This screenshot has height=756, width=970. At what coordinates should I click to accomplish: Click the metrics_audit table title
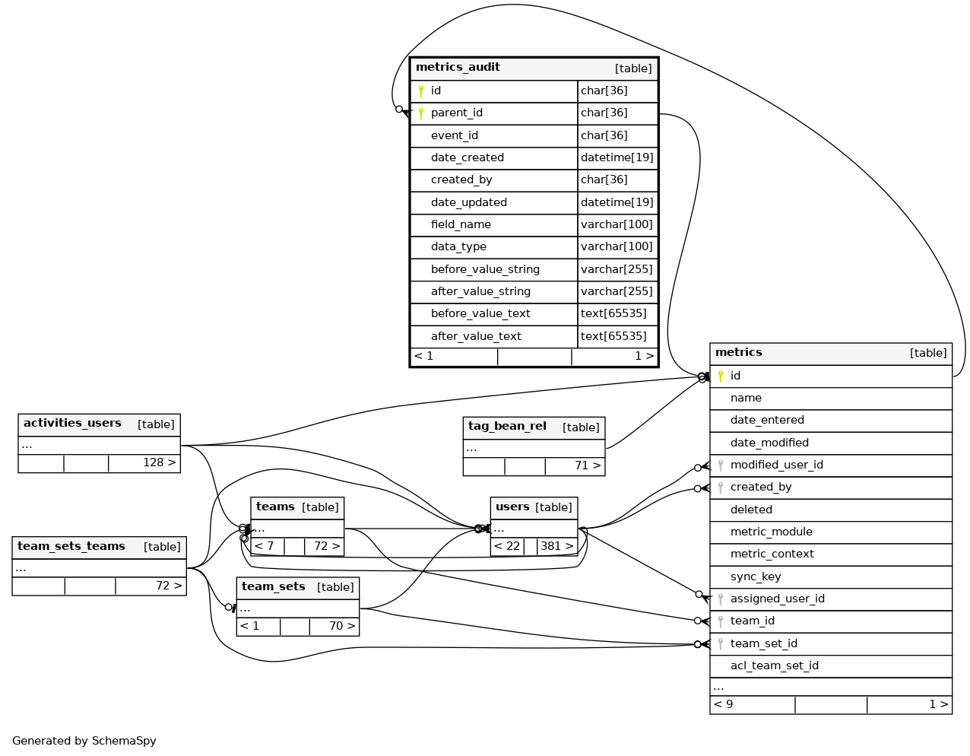[458, 68]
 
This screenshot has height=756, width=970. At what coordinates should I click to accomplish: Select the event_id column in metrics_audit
[455, 135]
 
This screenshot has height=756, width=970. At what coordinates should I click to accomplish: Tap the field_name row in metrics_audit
[461, 224]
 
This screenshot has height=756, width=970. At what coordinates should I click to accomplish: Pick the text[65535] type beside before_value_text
[613, 313]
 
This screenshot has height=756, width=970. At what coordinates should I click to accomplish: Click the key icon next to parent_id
[421, 113]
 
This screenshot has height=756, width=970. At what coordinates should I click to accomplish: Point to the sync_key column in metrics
[756, 577]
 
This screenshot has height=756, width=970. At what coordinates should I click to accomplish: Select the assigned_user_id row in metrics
[777, 599]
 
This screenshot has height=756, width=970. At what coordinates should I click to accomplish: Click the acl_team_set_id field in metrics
[774, 665]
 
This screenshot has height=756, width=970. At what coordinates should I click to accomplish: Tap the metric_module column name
[771, 532]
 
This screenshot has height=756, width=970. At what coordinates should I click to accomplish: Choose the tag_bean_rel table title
[507, 427]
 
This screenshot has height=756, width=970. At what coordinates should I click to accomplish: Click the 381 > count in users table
[556, 546]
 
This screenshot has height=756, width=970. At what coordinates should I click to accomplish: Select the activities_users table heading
[72, 424]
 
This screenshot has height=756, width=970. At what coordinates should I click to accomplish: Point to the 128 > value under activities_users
[159, 462]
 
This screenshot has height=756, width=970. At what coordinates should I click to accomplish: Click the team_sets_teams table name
[71, 547]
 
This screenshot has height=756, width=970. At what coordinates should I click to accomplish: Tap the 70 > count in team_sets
[341, 626]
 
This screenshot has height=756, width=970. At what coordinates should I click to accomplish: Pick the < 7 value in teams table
[264, 546]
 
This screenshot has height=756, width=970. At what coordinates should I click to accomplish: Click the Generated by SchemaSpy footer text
[84, 741]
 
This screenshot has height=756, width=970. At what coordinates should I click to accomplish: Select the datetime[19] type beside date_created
[617, 157]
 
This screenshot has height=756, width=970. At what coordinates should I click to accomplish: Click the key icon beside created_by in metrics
[721, 488]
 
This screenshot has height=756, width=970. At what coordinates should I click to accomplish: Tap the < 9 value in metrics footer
[723, 704]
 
